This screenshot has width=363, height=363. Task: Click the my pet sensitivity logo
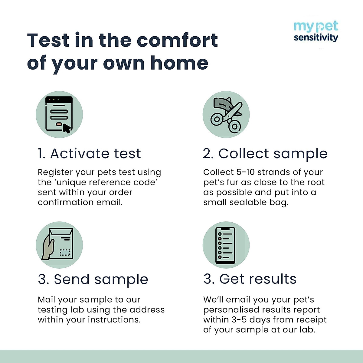click(x=316, y=32)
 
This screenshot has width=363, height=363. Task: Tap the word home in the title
click(x=179, y=63)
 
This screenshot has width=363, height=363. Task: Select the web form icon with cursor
click(x=59, y=115)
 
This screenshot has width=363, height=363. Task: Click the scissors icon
click(x=226, y=115)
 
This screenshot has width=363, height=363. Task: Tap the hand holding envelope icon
click(x=59, y=245)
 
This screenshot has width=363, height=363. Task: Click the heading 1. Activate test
click(x=90, y=154)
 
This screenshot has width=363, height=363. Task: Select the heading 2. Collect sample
click(x=265, y=154)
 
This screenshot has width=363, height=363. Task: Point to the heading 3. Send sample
click(x=93, y=279)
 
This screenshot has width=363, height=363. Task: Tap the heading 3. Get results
click(x=250, y=279)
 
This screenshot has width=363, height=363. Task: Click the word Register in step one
click(x=55, y=172)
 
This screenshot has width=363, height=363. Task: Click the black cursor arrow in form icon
click(x=67, y=129)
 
